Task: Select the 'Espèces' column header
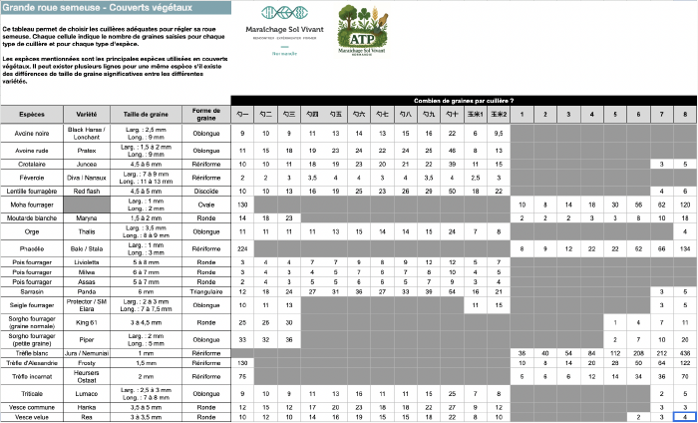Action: point(32,114)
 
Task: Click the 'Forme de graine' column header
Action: point(206,114)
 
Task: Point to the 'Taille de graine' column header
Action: point(145,114)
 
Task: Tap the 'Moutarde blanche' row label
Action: point(32,216)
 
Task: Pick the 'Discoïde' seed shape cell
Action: point(206,190)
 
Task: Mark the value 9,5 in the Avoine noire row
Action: point(500,133)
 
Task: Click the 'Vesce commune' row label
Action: point(32,407)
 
